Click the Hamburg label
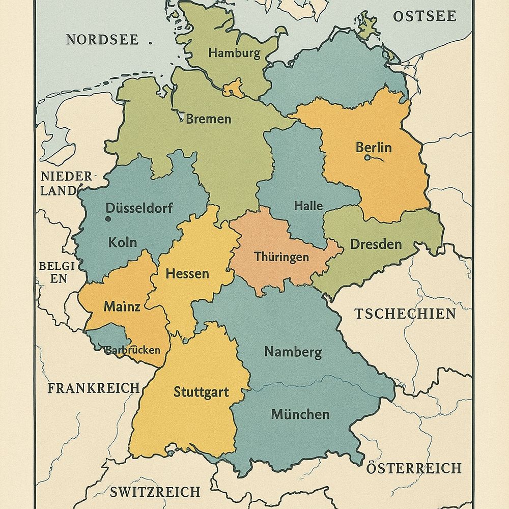234,52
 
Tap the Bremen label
208,120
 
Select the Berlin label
374,148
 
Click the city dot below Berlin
367,158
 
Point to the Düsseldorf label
139,208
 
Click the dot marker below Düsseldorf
108,219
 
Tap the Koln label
123,242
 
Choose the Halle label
308,206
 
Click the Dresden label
376,244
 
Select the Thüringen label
281,257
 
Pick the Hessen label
187,274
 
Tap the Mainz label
122,307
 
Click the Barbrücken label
132,350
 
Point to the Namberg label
293,352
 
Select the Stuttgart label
201,392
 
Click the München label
300,414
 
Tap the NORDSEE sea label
102,40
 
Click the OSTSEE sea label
425,16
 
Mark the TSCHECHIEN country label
405,314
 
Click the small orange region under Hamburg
233,88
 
